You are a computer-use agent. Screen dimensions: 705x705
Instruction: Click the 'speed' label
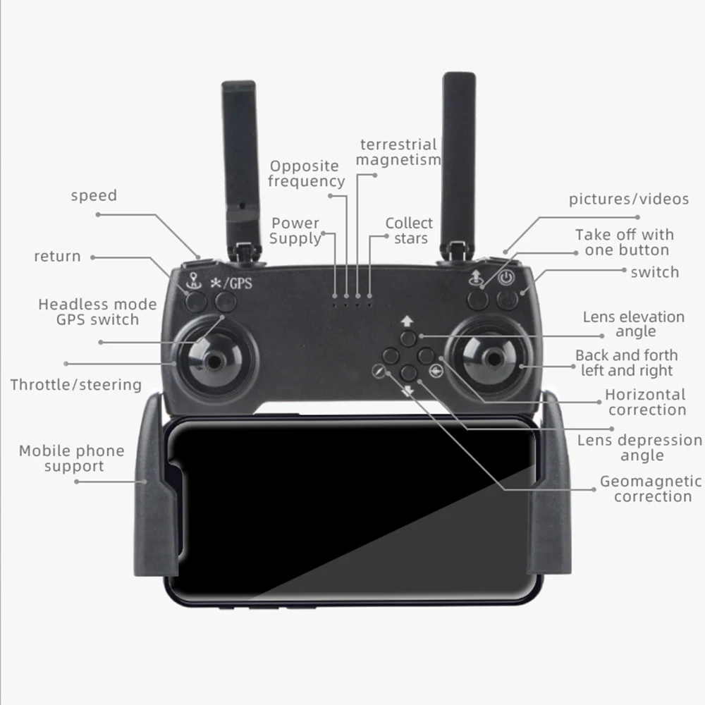tap(94, 195)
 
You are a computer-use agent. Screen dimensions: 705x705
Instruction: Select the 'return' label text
tap(57, 256)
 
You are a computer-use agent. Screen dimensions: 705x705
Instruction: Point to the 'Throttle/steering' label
tap(75, 385)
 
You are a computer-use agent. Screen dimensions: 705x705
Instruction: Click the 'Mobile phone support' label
tap(71, 458)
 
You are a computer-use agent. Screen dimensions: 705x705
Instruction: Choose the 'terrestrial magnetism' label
tap(398, 152)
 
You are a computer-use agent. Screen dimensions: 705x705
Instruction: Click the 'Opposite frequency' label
tap(306, 173)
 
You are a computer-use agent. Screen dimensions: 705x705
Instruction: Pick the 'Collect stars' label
tap(409, 231)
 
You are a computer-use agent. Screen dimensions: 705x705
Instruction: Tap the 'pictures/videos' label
tap(629, 199)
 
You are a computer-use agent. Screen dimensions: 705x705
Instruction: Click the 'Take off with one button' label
tap(625, 243)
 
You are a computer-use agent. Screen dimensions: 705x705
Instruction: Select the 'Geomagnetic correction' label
tap(651, 489)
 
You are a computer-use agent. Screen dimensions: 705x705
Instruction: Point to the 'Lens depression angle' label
tap(640, 448)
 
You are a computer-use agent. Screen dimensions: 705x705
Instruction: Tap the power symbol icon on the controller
tap(505, 277)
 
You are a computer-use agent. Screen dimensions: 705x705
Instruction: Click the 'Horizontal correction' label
tap(645, 402)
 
